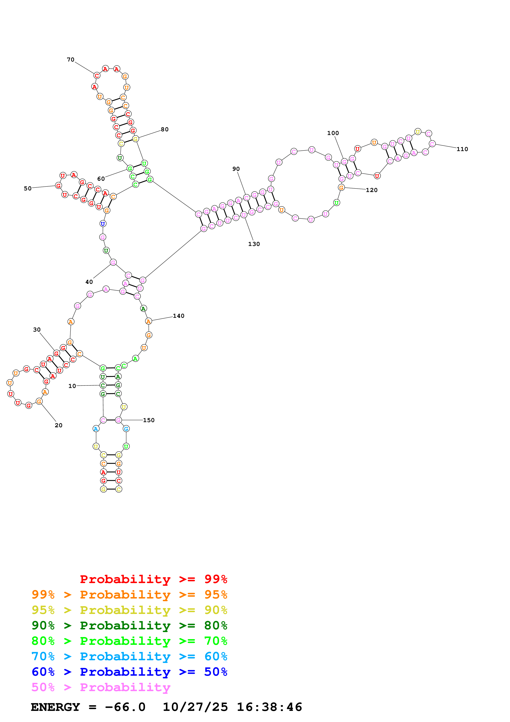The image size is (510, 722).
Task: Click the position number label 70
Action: click(70, 59)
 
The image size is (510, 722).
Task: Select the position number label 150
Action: click(149, 420)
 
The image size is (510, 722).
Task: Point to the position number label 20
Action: click(58, 425)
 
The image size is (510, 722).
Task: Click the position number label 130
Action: click(254, 244)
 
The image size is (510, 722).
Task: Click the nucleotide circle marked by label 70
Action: click(97, 76)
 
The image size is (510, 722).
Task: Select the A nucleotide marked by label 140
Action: click(149, 321)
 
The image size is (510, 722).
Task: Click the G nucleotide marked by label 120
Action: click(341, 187)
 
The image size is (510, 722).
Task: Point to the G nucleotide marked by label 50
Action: click(58, 185)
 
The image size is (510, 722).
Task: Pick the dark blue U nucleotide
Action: click(103, 224)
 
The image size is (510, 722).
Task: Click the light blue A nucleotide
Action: click(96, 429)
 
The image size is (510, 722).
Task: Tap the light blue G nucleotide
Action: click(126, 429)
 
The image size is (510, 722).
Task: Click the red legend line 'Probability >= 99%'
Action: click(153, 579)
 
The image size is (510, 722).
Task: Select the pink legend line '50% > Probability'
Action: click(101, 687)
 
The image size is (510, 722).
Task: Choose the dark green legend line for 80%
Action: click(129, 625)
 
